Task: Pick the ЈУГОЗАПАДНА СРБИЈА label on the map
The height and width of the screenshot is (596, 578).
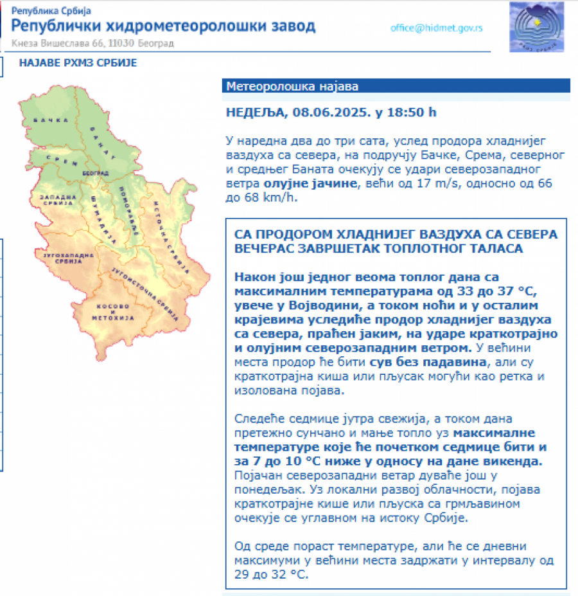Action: pos(60,258)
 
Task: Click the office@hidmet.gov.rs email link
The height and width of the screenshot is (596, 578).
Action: pos(436,28)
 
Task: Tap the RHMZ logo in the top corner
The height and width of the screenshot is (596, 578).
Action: pos(536,27)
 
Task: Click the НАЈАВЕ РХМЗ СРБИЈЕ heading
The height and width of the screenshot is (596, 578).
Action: pos(78,63)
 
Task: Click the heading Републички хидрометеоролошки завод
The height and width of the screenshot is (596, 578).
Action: pos(164,26)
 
